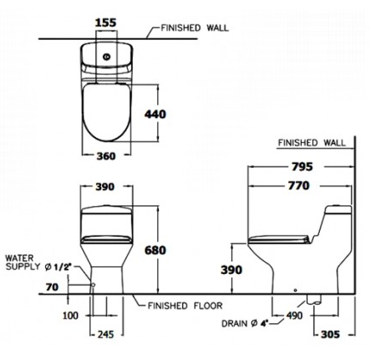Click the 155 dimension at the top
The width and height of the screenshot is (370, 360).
pos(105,22)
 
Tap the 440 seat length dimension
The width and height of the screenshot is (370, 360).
pos(155,114)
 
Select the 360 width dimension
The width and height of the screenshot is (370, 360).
pos(106,156)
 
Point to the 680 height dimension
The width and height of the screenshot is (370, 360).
pos(155,250)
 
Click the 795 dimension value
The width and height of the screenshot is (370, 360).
pos(302,167)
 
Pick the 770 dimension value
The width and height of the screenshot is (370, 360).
pos(299,186)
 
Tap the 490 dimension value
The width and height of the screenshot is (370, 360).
pos(293,315)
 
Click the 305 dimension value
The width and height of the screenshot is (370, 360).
pos(330,334)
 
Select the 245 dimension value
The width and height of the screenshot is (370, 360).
pos(105,334)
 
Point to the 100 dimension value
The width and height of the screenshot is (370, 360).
pos(71,315)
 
